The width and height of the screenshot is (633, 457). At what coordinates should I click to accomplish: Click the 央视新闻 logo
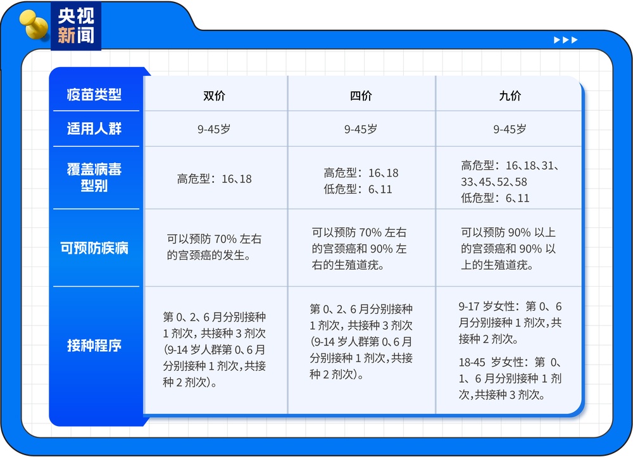(75, 26)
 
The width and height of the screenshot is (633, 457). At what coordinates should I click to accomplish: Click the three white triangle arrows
(565, 41)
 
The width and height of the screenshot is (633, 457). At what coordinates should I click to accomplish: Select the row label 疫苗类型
(94, 95)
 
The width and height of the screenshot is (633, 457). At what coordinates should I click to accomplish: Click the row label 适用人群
(94, 129)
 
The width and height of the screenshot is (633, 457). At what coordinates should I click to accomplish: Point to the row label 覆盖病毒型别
(94, 178)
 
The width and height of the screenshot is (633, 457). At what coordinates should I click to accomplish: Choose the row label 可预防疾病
(94, 247)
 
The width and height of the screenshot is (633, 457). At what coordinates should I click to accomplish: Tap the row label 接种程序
(94, 346)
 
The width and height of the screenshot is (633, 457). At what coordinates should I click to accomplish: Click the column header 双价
(214, 96)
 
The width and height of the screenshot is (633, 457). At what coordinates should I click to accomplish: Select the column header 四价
(361, 96)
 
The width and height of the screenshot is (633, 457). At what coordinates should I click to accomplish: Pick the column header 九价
(510, 96)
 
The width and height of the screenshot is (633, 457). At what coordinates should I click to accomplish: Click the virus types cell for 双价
(214, 179)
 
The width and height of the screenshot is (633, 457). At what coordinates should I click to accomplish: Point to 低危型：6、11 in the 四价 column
(358, 189)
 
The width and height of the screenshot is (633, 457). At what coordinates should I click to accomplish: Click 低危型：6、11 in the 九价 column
(495, 198)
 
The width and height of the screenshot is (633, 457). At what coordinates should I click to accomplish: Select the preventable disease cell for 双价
(214, 247)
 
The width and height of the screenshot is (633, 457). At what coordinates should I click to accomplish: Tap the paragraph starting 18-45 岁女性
(510, 379)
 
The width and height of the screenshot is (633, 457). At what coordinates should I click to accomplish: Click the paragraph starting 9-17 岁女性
(510, 323)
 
